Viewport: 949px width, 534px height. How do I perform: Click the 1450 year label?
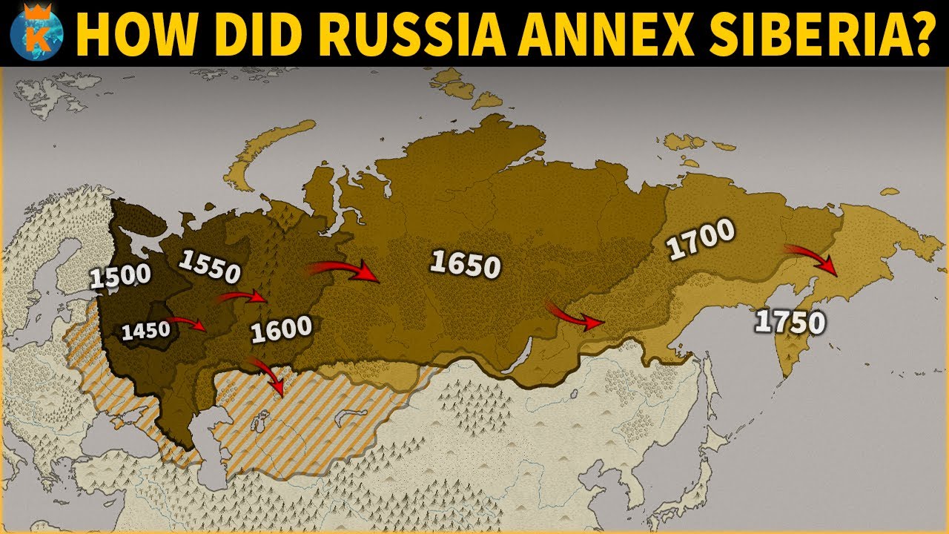(x=146, y=331)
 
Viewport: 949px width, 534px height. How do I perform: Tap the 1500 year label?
(x=120, y=275)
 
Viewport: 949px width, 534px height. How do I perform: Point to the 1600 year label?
(x=281, y=329)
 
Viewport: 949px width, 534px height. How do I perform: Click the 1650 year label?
(x=465, y=263)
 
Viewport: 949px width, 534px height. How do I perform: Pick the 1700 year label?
(x=700, y=239)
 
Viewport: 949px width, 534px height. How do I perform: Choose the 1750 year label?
(x=790, y=322)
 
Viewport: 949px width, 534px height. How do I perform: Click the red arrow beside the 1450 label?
(x=187, y=323)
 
